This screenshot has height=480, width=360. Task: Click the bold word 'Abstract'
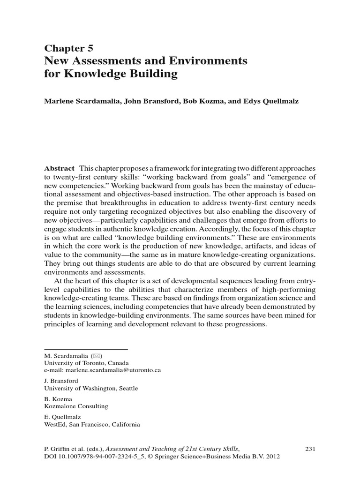59,168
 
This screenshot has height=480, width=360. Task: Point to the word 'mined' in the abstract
287,316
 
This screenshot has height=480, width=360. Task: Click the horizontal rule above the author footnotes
86,349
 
